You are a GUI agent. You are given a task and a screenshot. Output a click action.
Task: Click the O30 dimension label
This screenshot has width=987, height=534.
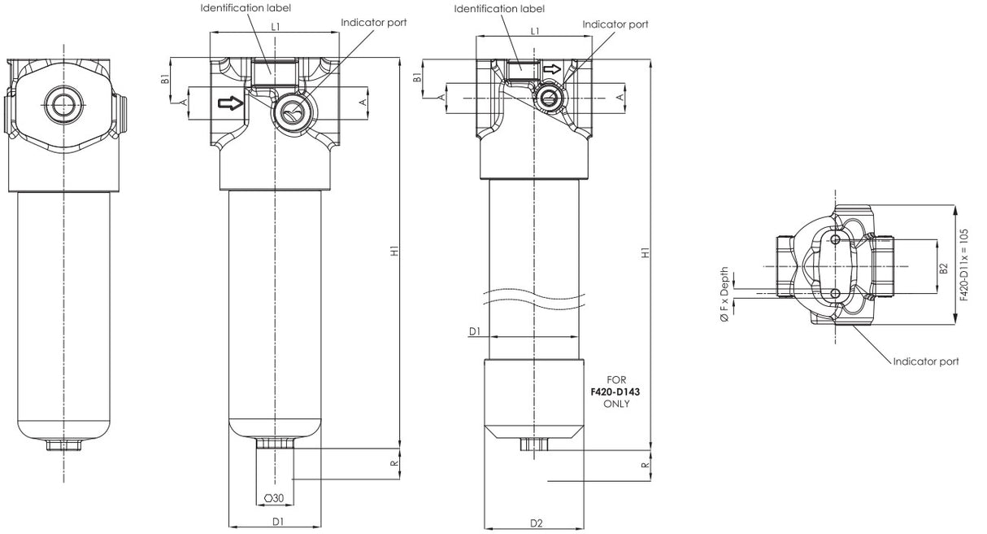click(274, 498)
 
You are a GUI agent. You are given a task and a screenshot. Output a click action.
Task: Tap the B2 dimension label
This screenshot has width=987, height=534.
click(943, 268)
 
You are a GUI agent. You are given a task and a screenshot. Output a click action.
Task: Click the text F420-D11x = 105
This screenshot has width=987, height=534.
click(964, 265)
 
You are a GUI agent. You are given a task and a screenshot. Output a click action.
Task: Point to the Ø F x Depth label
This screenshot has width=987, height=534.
click(724, 296)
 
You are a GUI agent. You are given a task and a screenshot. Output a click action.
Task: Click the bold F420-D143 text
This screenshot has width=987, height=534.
click(615, 392)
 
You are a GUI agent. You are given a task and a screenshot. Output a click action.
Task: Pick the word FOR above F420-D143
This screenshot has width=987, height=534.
click(615, 380)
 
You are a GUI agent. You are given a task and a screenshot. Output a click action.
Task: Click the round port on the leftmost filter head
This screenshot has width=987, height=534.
click(64, 103)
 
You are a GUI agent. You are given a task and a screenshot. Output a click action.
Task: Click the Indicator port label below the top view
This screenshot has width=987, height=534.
click(926, 361)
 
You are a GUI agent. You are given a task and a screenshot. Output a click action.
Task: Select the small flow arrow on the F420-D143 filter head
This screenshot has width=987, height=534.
click(552, 70)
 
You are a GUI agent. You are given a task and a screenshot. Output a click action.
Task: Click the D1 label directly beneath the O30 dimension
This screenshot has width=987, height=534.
click(276, 521)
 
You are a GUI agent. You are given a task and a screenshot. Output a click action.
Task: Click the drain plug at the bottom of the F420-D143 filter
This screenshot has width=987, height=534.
click(533, 444)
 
